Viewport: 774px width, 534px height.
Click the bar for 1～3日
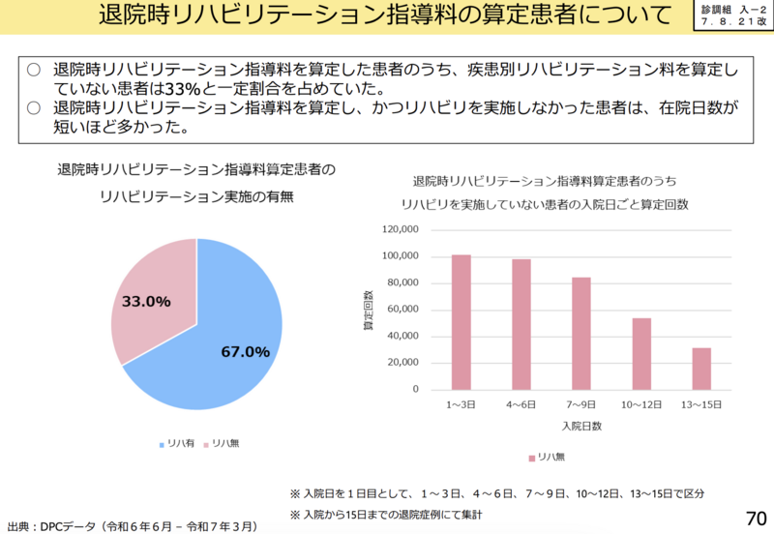tap(461, 322)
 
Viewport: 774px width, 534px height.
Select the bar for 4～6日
tap(521, 324)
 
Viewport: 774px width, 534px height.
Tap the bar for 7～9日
tap(581, 333)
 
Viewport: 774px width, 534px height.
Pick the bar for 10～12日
tap(641, 353)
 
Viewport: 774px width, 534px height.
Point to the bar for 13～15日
tap(701, 368)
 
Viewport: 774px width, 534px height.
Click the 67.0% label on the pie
tap(245, 352)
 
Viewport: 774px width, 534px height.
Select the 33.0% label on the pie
tap(146, 302)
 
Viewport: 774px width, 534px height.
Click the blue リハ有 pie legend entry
tap(178, 443)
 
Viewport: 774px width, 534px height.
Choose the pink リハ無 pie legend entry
tap(222, 443)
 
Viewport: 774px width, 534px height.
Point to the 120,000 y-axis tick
tap(401, 230)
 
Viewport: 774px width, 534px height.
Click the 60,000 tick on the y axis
tap(402, 310)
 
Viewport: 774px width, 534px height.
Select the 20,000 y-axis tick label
tap(402, 363)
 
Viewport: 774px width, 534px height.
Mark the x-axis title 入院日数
tap(581, 426)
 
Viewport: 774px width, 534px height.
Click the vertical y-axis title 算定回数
tap(369, 311)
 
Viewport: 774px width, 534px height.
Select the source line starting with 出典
tap(132, 526)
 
